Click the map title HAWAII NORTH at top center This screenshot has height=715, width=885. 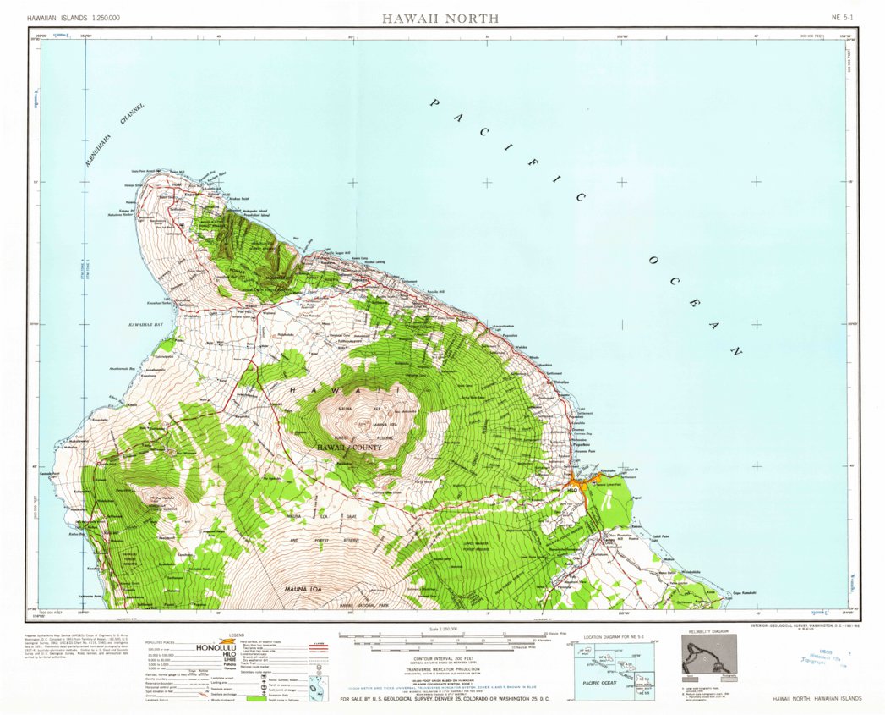tap(440, 18)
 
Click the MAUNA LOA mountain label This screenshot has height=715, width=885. tap(292, 586)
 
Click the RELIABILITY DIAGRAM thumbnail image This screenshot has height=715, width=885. tap(708, 654)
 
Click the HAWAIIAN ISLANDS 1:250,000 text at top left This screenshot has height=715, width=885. tap(73, 18)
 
